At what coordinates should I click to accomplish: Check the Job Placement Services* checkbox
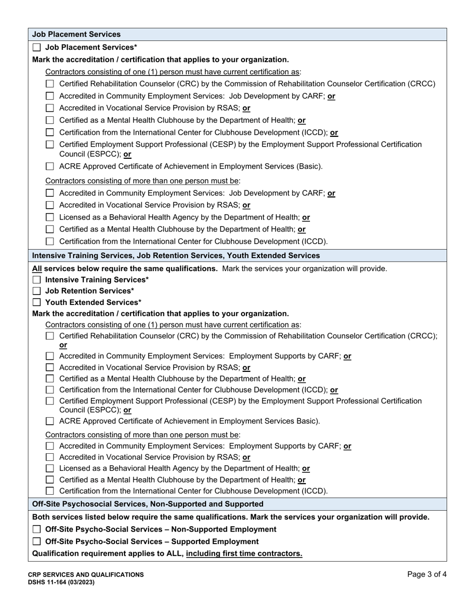click(36, 48)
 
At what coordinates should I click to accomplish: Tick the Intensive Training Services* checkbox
click(36, 280)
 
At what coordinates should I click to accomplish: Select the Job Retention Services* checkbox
click(36, 291)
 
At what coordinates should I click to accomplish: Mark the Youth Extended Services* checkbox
click(36, 303)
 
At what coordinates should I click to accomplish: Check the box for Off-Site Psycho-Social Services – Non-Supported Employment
click(36, 530)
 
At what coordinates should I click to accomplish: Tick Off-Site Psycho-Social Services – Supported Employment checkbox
click(36, 542)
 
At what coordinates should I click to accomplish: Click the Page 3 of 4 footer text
click(426, 575)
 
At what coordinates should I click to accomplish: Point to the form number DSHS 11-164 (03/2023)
click(61, 582)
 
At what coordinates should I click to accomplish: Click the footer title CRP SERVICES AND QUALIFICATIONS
click(85, 575)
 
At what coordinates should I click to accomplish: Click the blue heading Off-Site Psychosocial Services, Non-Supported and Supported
click(147, 504)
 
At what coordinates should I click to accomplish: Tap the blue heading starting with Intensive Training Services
click(175, 256)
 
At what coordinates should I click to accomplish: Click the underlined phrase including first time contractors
click(244, 554)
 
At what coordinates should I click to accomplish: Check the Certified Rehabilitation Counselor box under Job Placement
click(50, 84)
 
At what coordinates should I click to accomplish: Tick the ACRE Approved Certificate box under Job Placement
click(50, 167)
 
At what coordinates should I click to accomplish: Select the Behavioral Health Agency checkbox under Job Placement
click(50, 218)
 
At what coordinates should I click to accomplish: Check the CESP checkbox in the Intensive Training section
click(50, 401)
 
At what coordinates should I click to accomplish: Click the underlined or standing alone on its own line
click(63, 345)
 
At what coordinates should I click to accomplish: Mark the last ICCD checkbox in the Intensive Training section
click(50, 491)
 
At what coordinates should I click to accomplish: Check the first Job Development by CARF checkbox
click(50, 96)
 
